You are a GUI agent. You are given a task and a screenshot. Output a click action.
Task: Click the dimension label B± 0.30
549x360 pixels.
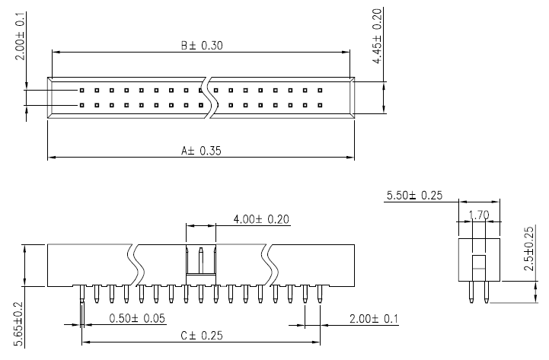(202, 45)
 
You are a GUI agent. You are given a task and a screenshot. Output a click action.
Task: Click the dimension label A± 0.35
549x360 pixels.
(201, 151)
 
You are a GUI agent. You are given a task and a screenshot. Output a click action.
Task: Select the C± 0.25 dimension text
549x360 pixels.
(202, 335)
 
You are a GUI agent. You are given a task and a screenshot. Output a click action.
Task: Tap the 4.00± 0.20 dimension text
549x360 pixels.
(262, 219)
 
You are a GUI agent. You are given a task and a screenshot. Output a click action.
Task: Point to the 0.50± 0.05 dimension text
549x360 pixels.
(137, 318)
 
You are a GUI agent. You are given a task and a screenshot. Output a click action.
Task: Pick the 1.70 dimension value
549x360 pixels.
(479, 215)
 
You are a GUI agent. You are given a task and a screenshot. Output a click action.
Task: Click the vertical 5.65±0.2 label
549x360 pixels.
(18, 319)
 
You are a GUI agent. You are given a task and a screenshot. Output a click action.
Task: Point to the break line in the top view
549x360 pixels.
(206, 97)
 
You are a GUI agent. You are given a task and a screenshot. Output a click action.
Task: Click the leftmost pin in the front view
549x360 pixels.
(82, 294)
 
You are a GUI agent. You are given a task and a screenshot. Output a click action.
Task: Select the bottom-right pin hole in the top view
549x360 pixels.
(320, 104)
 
